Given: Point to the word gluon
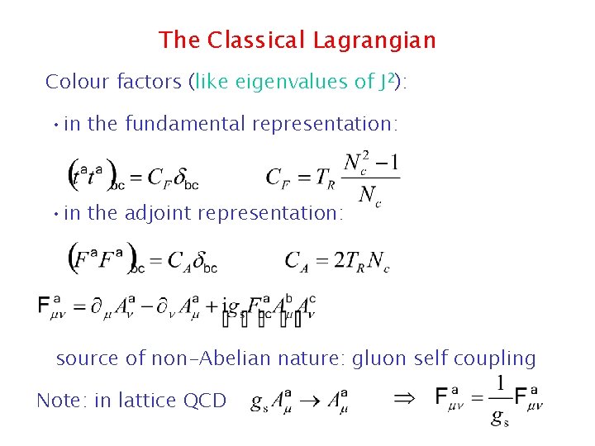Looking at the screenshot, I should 378,358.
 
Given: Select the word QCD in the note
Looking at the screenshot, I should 207,401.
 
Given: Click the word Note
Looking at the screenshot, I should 60,401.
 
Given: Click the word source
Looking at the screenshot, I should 86,358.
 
